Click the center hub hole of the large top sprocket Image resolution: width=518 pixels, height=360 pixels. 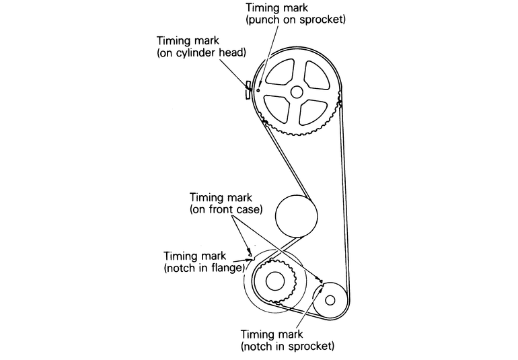[296, 92]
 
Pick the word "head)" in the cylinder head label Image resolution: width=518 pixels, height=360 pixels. [231, 53]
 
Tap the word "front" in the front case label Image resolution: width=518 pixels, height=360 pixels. [225, 210]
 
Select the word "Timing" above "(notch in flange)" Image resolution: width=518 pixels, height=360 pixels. [182, 256]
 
